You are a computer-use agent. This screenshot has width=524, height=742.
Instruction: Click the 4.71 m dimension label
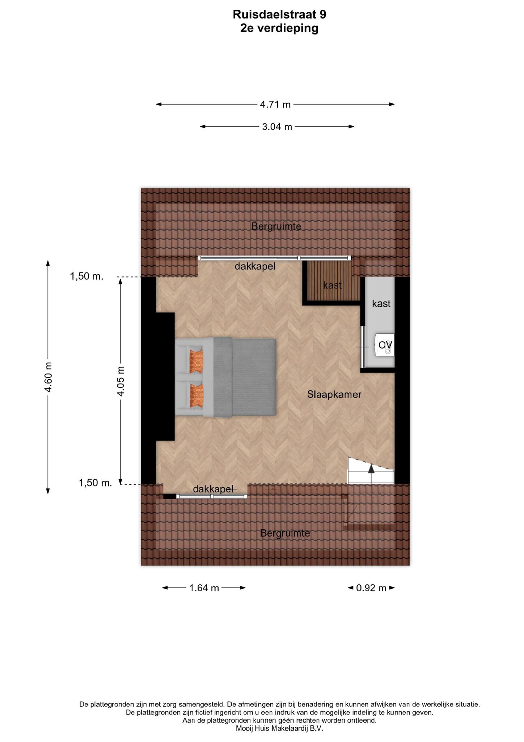pos(275,104)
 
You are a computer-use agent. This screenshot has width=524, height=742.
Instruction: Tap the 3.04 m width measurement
pos(277,127)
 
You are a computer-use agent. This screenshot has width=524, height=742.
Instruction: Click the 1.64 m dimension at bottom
pos(204,588)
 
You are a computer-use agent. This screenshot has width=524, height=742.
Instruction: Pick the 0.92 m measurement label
pos(371,588)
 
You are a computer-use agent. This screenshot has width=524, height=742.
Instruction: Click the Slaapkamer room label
pos(334,394)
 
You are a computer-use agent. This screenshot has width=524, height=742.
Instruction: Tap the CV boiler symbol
pos(385,345)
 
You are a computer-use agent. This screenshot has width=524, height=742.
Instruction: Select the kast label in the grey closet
pos(381,303)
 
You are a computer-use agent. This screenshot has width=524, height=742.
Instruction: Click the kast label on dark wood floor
pos(333,285)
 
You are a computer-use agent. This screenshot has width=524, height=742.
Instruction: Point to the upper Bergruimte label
pos(276,226)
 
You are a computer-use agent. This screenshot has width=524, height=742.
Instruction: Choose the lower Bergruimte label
pos(285,533)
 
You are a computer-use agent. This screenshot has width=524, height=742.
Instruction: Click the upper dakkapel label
pos(255,266)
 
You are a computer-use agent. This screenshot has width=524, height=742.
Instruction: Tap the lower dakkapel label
pos(213,489)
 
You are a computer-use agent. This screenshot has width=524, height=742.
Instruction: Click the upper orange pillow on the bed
pos(196,361)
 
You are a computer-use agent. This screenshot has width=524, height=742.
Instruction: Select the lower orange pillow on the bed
pos(196,396)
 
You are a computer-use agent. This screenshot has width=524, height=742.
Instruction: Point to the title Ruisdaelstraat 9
pos(279,14)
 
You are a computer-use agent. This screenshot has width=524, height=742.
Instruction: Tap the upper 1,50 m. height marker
pos(87,276)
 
